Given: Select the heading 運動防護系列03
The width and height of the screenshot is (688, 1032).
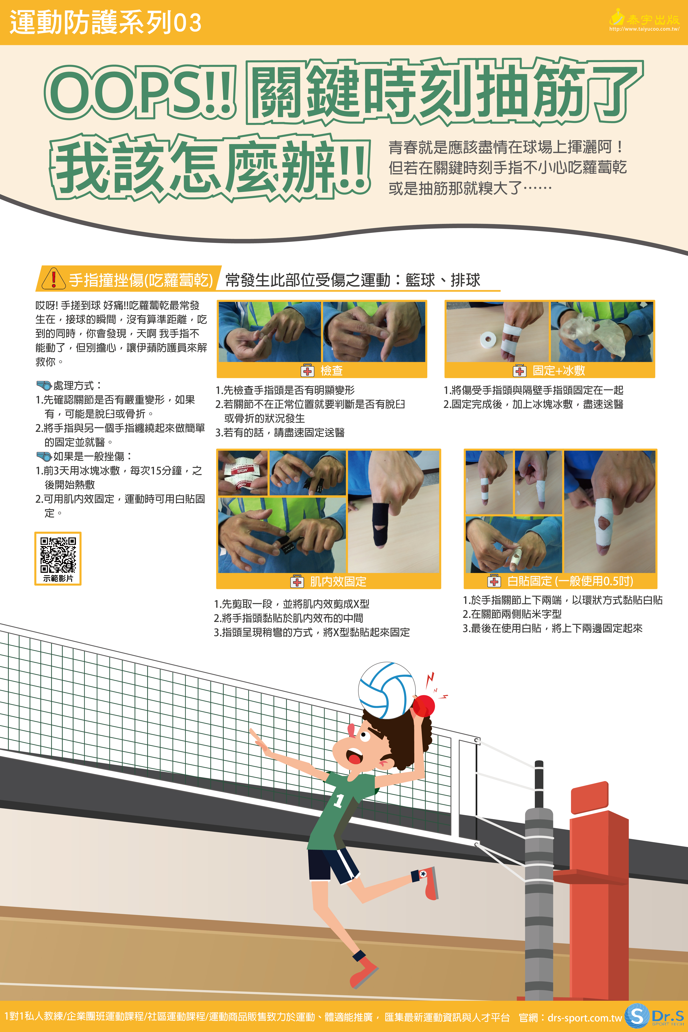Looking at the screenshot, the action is coord(105,22).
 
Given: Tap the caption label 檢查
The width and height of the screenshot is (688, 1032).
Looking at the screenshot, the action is coord(331,371).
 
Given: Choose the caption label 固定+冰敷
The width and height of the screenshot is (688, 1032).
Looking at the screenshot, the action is coord(559,371).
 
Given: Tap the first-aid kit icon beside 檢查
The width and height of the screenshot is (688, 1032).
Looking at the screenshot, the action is coord(307,371).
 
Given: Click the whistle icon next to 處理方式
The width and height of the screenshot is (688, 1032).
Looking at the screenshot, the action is coord(44,386).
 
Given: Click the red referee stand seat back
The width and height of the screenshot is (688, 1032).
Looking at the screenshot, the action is coord(589,797).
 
